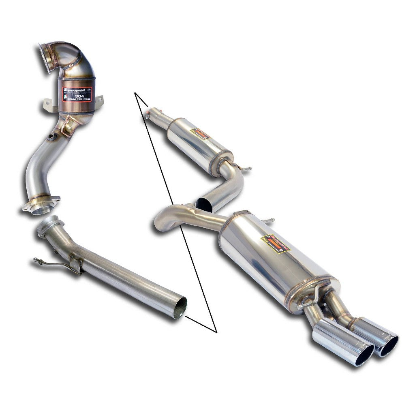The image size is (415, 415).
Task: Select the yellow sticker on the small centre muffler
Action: coord(201,134)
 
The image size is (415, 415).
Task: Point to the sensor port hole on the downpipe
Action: coord(51,137)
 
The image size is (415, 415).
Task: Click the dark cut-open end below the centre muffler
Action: coord(204,205)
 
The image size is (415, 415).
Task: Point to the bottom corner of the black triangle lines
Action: coord(217,332)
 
